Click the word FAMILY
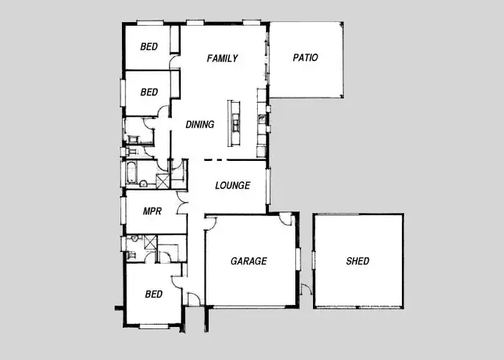pyautogui.click(x=222, y=58)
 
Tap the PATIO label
pyautogui.click(x=305, y=58)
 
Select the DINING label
pyautogui.click(x=200, y=125)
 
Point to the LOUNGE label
pyautogui.click(x=232, y=186)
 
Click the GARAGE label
pyautogui.click(x=248, y=262)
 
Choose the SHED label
pyautogui.click(x=358, y=262)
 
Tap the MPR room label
pyautogui.click(x=152, y=211)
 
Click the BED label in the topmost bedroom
pyautogui.click(x=149, y=47)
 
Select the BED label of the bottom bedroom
pyautogui.click(x=154, y=295)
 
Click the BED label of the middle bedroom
pyautogui.click(x=149, y=93)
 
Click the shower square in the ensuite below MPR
pyautogui.click(x=150, y=240)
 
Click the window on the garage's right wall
pyautogui.click(x=298, y=260)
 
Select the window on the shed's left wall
pyautogui.click(x=314, y=260)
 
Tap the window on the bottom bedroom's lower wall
pyautogui.click(x=154, y=325)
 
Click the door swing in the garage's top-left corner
pyautogui.click(x=210, y=221)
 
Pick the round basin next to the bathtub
pyautogui.click(x=145, y=184)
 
